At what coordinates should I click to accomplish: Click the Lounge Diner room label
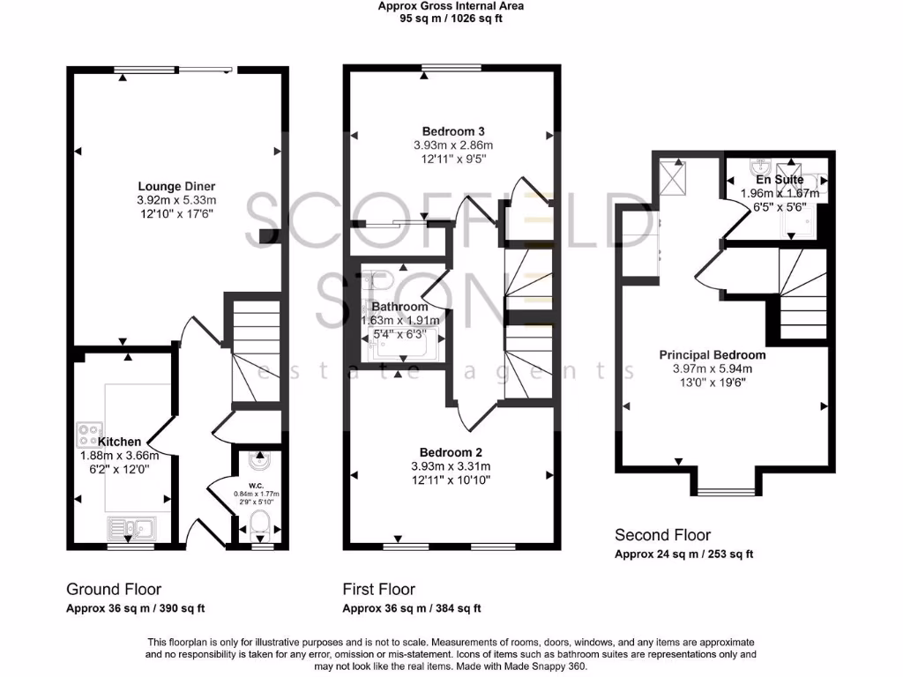[x=176, y=186]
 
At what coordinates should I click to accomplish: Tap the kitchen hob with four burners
[x=89, y=434]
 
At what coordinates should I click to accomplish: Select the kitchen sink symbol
[x=131, y=529]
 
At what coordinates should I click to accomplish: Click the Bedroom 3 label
[x=451, y=131]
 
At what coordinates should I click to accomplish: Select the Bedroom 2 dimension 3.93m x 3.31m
[x=451, y=466]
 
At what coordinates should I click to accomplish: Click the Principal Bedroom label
[x=713, y=355]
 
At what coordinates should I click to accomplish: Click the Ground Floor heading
[x=114, y=589]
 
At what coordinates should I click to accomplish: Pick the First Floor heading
[x=378, y=589]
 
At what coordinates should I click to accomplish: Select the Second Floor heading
[x=662, y=534]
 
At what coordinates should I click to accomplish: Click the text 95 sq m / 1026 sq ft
[x=451, y=18]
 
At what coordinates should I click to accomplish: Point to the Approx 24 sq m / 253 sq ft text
[x=683, y=554]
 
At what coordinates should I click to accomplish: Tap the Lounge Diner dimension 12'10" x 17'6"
[x=176, y=213]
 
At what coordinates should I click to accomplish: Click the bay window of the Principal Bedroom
[x=727, y=491]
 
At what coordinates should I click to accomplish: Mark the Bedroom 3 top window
[x=445, y=68]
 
